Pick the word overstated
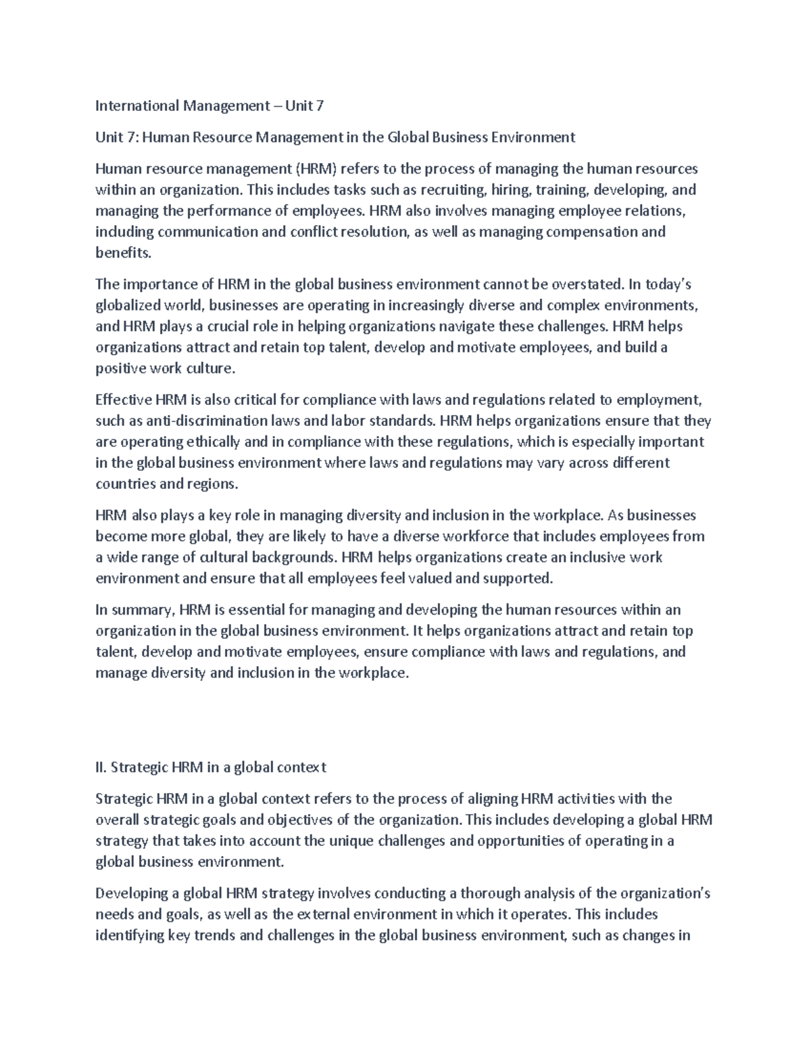[x=587, y=284]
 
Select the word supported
[x=520, y=579]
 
